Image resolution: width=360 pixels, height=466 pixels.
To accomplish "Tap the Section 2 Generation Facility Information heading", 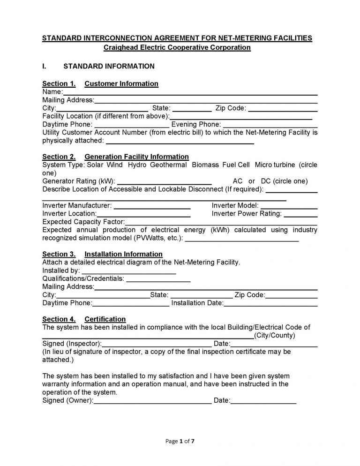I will coord(115,157).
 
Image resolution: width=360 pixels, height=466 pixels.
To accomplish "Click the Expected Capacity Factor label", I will coord(83,222).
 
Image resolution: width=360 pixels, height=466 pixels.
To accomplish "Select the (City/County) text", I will coord(274,336).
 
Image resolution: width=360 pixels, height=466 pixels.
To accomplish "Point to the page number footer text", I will coord(180,441).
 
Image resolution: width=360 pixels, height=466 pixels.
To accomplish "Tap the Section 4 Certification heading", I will coord(84,319).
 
